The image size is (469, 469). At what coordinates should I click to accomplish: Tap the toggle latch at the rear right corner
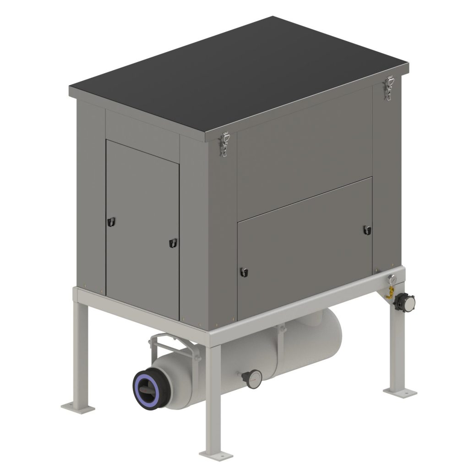pyautogui.click(x=389, y=87)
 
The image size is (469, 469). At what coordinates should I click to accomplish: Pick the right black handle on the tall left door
pyautogui.click(x=172, y=242)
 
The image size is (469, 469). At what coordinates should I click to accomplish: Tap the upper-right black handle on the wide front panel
pyautogui.click(x=366, y=230)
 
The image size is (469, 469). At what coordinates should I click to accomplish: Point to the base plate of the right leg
pyautogui.click(x=400, y=391)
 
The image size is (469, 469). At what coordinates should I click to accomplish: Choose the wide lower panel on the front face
pyautogui.click(x=305, y=250)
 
